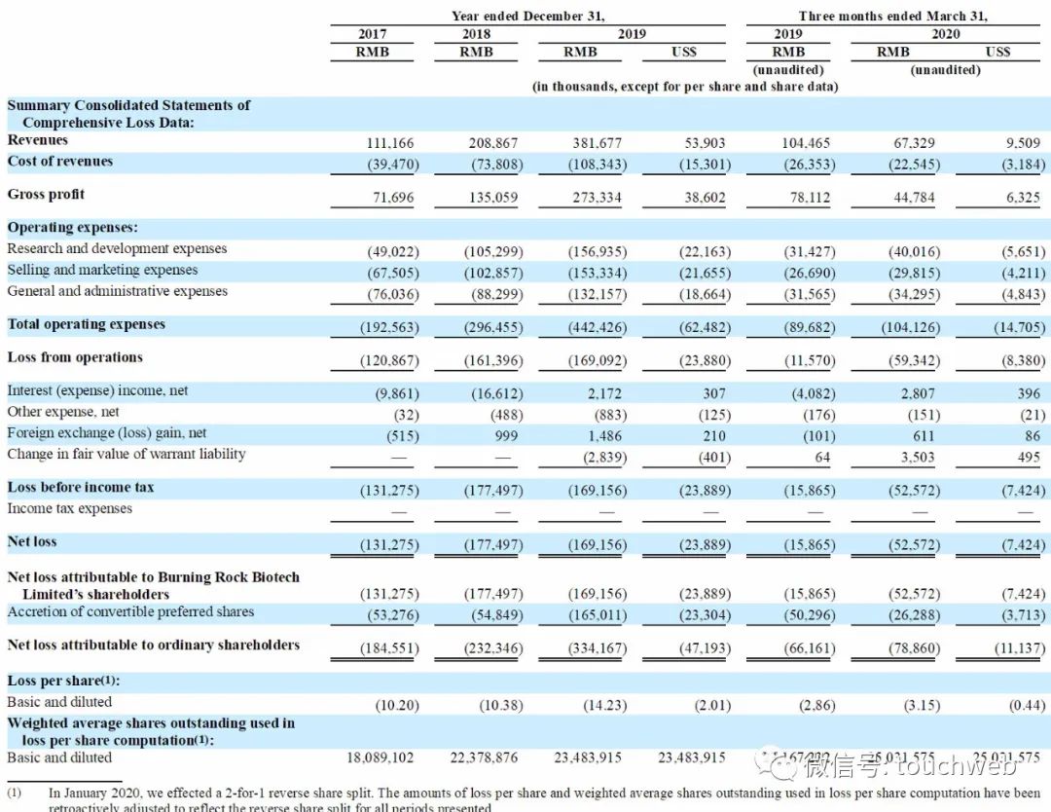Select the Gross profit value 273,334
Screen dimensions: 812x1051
[597, 198]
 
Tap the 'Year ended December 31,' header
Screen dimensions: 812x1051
[527, 17]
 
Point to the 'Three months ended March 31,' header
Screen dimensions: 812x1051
[892, 17]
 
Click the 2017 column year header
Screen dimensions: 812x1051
[373, 34]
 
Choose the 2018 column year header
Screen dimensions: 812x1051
[476, 34]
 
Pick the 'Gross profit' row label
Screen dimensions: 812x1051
[47, 195]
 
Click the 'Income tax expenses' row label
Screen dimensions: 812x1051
[70, 508]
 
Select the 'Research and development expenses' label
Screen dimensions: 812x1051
[117, 248]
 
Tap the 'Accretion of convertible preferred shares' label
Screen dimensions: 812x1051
[130, 611]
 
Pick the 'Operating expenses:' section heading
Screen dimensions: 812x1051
[73, 227]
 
